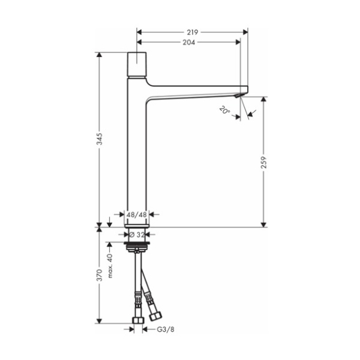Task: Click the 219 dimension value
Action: pyautogui.click(x=193, y=33)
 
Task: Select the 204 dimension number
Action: pyautogui.click(x=189, y=42)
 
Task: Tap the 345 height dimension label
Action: pyautogui.click(x=99, y=139)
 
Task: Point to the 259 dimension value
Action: pyautogui.click(x=264, y=163)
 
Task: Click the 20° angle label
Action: pyautogui.click(x=224, y=110)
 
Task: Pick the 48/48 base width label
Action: pyautogui.click(x=137, y=215)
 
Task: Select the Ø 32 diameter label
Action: pyautogui.click(x=137, y=235)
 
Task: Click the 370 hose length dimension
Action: pyautogui.click(x=99, y=275)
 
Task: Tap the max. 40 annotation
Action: pyautogui.click(x=110, y=266)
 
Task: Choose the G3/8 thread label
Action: pyautogui.click(x=166, y=329)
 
